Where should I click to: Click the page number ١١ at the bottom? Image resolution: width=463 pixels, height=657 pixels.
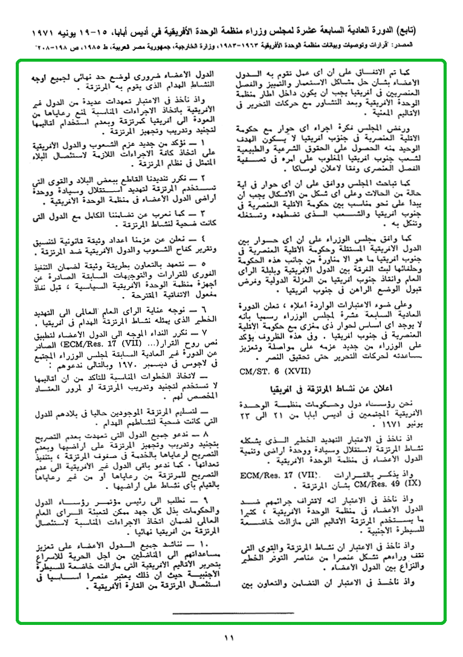(229, 637)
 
